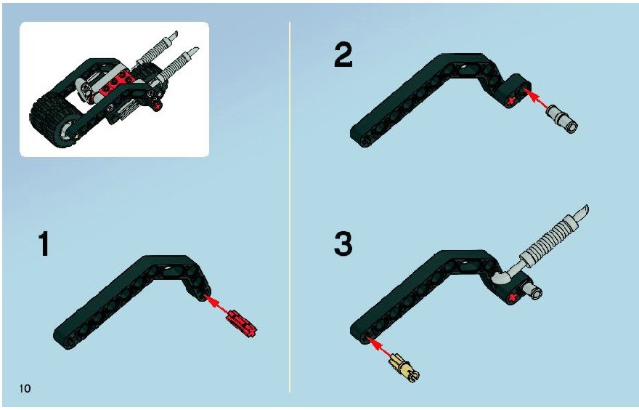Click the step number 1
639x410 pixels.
(x=44, y=244)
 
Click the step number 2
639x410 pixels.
(x=343, y=56)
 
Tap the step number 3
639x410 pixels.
(x=343, y=244)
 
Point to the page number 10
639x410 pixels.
(x=25, y=388)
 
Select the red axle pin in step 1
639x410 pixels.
(x=242, y=322)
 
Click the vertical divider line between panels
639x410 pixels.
(x=290, y=207)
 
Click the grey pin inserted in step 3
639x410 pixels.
(x=533, y=291)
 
